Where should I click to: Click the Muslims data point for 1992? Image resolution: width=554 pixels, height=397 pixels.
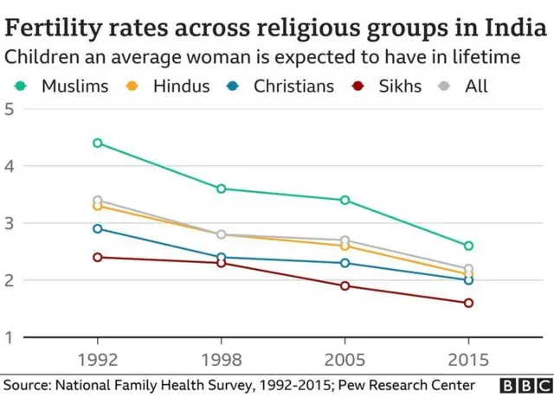click(97, 143)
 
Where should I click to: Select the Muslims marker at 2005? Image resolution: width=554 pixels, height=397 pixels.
click(345, 200)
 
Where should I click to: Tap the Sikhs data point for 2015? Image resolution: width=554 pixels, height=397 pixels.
click(468, 303)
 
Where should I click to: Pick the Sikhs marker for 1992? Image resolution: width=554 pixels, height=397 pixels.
click(97, 257)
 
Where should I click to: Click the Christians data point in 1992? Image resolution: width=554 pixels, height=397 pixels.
click(97, 228)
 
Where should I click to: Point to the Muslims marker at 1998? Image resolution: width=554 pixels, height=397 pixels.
click(222, 189)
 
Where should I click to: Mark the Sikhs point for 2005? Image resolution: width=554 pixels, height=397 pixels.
click(345, 285)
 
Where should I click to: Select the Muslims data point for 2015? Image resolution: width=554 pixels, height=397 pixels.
click(468, 246)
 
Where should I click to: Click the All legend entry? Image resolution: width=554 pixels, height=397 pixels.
click(465, 86)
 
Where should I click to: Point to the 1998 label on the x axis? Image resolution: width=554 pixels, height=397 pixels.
click(222, 357)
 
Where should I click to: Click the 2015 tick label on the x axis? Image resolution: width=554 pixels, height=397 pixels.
click(468, 357)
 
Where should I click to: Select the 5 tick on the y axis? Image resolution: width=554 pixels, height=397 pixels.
click(10, 109)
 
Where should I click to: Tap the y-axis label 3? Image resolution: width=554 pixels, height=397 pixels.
click(10, 223)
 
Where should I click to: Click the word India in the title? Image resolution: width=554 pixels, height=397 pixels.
click(515, 28)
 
